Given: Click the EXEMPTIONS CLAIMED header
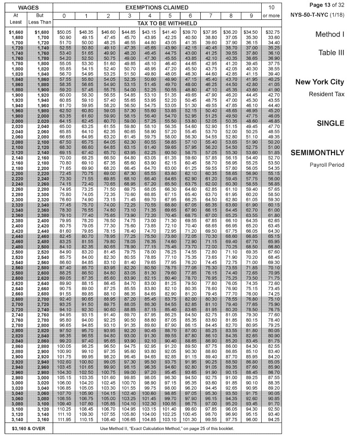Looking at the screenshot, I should pyautogui.click(x=157, y=7).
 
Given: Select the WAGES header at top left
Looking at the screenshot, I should pyautogui.click(x=28, y=7).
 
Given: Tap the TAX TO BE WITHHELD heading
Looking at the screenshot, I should pyautogui.click(x=157, y=23).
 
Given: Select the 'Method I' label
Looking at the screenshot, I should pyautogui.click(x=330, y=35).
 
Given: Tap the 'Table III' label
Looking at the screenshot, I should pyautogui.click(x=331, y=53).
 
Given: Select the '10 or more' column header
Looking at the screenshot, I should pyautogui.click(x=271, y=12).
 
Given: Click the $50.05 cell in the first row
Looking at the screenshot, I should pyautogui.click(x=65, y=32).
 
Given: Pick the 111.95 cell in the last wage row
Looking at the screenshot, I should pyautogui.click(x=65, y=419).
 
